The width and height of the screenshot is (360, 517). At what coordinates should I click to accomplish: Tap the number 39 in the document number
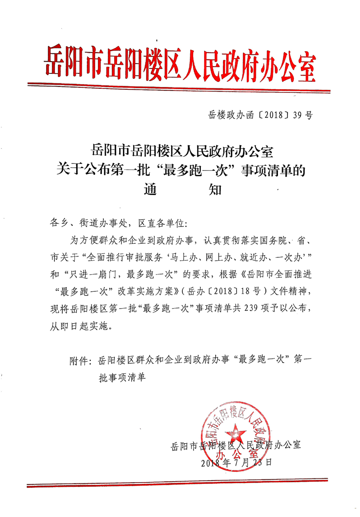(295, 116)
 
